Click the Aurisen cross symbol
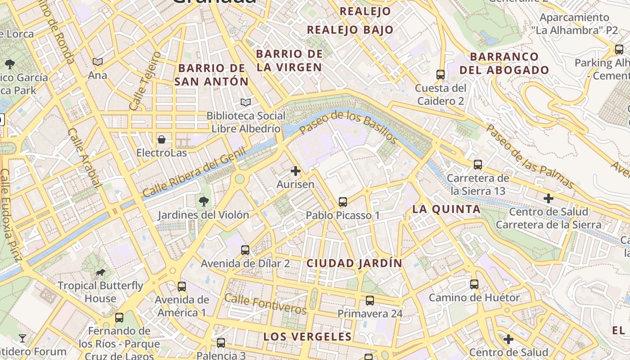(296, 171)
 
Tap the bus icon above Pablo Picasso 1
(343, 202)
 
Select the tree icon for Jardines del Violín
(204, 201)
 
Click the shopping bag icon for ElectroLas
(162, 139)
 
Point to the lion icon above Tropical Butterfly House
(100, 272)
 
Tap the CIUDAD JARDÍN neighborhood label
(354, 263)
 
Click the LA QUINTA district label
(446, 209)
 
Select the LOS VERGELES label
(307, 337)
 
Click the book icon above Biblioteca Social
(245, 102)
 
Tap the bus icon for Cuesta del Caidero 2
(441, 74)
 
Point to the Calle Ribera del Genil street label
(194, 172)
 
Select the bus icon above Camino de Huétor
(474, 284)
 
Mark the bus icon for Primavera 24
(370, 300)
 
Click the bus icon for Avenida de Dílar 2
(245, 250)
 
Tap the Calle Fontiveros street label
(265, 304)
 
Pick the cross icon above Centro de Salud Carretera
(549, 198)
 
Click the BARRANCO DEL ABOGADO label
(504, 63)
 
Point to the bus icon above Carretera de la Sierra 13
(478, 165)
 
